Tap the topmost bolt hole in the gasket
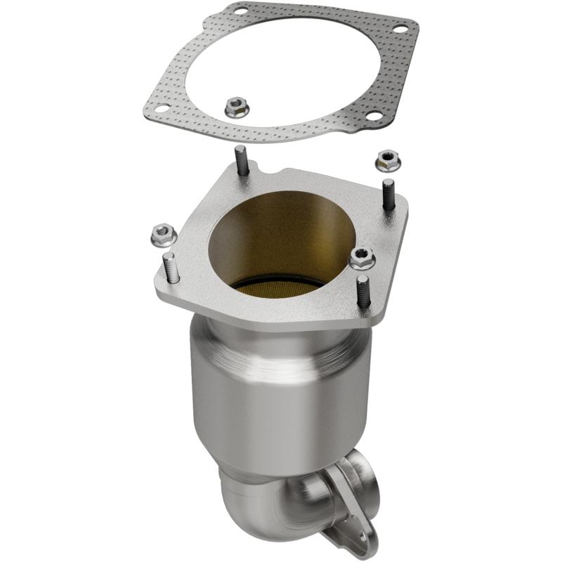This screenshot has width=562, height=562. (x=242, y=11)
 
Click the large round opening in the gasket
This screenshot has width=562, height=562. (x=281, y=63)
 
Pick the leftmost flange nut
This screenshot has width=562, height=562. (x=163, y=231)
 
